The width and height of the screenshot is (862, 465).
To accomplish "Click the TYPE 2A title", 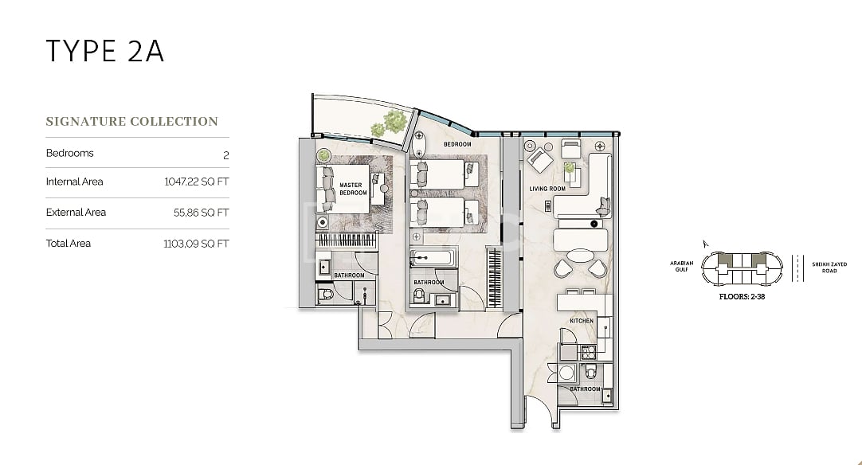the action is (x=104, y=51).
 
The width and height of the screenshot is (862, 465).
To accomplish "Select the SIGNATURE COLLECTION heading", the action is (x=132, y=122).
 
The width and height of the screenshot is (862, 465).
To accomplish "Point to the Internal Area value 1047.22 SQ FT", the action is (x=196, y=182).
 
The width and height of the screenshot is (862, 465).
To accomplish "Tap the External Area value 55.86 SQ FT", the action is (x=202, y=213).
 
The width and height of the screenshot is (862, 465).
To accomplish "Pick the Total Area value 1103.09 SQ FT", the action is (x=196, y=244).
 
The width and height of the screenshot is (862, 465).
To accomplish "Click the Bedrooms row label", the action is (x=70, y=154).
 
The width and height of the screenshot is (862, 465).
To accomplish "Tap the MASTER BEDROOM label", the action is (x=353, y=189).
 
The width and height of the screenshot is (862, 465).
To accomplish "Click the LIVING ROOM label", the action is (x=547, y=189).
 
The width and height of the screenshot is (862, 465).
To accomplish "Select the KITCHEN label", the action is (x=582, y=321).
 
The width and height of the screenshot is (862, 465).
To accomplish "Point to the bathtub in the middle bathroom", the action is (x=433, y=257).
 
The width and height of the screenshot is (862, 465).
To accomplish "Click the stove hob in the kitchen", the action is (x=588, y=352).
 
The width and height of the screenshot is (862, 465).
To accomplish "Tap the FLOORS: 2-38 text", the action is (x=742, y=297).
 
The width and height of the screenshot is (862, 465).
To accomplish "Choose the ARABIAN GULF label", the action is (x=682, y=267).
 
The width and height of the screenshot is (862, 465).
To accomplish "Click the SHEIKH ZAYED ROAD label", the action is (x=829, y=268).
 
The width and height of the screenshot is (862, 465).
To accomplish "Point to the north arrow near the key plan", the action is (x=705, y=244).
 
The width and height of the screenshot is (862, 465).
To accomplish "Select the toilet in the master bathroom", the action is (x=326, y=294).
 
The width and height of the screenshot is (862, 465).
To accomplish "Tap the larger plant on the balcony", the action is (x=395, y=121).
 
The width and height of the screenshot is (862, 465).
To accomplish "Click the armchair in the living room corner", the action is (x=539, y=161).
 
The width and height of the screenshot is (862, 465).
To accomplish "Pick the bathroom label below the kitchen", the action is (x=585, y=389).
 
